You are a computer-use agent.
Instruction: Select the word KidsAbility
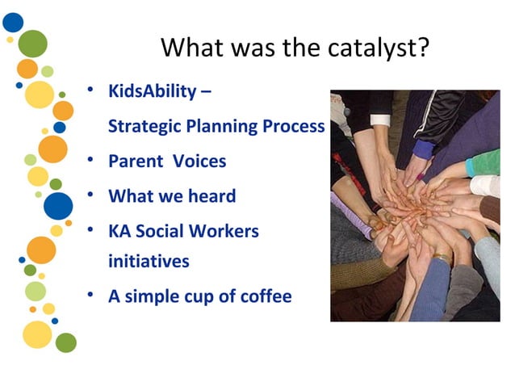click(152, 90)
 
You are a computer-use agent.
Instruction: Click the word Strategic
click(140, 127)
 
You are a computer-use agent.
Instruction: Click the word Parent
click(134, 162)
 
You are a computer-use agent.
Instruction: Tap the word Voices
click(199, 162)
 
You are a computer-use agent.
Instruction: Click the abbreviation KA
click(119, 232)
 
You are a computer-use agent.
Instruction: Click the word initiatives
click(149, 262)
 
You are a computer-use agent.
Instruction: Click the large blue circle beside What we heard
click(58, 206)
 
